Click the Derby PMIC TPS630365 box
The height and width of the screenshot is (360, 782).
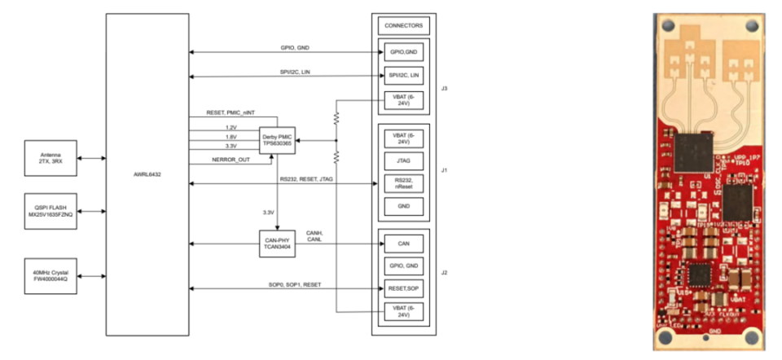276,139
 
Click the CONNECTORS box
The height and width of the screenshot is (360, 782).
403,25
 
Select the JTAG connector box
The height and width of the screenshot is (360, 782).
403,160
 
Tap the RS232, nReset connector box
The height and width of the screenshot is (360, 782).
403,185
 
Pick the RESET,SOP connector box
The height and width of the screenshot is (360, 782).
403,288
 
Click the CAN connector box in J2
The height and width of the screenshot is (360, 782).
403,243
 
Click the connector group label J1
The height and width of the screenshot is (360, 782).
442,172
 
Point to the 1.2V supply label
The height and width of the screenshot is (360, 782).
232,127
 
